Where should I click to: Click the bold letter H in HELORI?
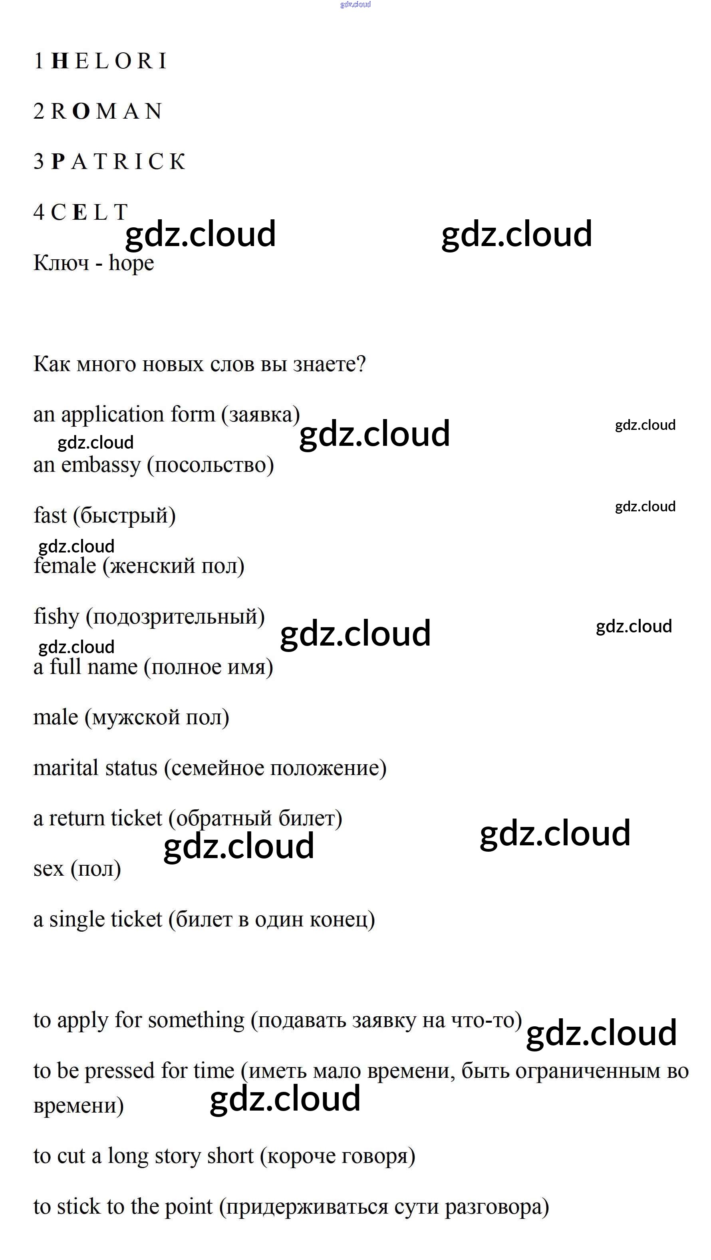60,61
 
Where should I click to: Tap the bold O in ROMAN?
81,111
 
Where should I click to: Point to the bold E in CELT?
80,212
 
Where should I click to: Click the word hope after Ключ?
131,264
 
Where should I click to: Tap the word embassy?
101,465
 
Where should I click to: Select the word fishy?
56,617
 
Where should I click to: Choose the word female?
65,566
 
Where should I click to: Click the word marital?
64,768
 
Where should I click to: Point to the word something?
196,1020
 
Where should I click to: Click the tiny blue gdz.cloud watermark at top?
355,4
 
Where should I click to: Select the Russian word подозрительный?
175,617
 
